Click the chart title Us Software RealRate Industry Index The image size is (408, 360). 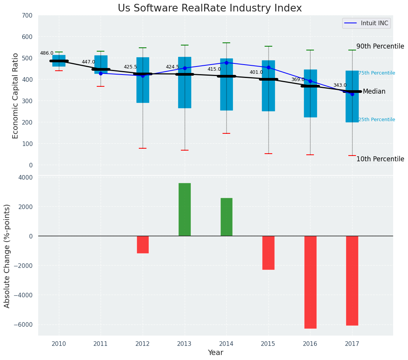[x=210, y=8]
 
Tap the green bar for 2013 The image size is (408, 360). [x=185, y=209]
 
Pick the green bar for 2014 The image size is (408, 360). [x=226, y=217]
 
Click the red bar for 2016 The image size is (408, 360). [x=310, y=282]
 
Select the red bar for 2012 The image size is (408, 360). [x=143, y=245]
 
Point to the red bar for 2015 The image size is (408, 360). [x=268, y=253]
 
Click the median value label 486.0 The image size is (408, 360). [x=47, y=53]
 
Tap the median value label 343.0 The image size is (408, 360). [x=340, y=86]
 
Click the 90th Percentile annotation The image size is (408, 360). [x=380, y=47]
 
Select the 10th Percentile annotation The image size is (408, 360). [x=380, y=159]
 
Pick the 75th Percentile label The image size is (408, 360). [x=377, y=73]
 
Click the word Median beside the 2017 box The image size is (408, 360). [x=374, y=92]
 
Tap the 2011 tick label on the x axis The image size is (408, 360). [x=101, y=344]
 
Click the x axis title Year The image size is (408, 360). [x=215, y=353]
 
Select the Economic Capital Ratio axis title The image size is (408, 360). [x=16, y=96]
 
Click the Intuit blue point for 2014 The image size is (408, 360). [x=226, y=63]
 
